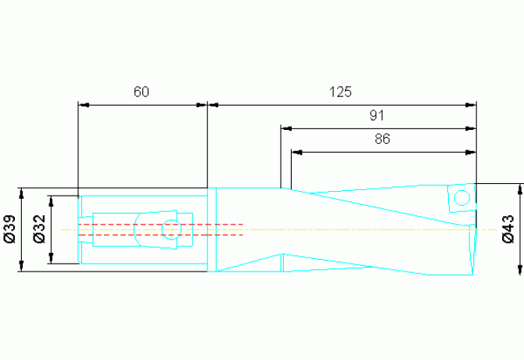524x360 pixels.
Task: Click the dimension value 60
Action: [x=142, y=92]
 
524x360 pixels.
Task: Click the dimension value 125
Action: [x=340, y=92]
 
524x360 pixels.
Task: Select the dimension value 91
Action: [x=377, y=115]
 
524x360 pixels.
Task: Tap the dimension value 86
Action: [x=382, y=139]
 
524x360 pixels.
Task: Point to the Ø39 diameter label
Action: [x=10, y=229]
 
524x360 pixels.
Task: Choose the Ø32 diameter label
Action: [x=39, y=229]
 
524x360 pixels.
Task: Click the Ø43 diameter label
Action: [x=508, y=229]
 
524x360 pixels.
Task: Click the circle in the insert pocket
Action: [x=462, y=198]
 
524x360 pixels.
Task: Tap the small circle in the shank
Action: [x=171, y=229]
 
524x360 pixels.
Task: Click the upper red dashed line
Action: [x=161, y=225]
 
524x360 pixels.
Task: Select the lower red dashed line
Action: [x=161, y=235]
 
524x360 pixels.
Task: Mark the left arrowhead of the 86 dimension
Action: [x=296, y=153]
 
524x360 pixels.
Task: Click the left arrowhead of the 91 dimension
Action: [x=286, y=128]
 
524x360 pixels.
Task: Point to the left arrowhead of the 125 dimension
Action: [x=213, y=105]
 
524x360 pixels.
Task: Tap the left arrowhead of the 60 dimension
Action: [x=84, y=105]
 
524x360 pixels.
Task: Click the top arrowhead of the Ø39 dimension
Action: [x=21, y=194]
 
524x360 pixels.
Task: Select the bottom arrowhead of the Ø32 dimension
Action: [x=51, y=258]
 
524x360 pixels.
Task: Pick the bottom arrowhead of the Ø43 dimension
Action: [x=520, y=269]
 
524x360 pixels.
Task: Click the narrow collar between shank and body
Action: [x=212, y=229]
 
